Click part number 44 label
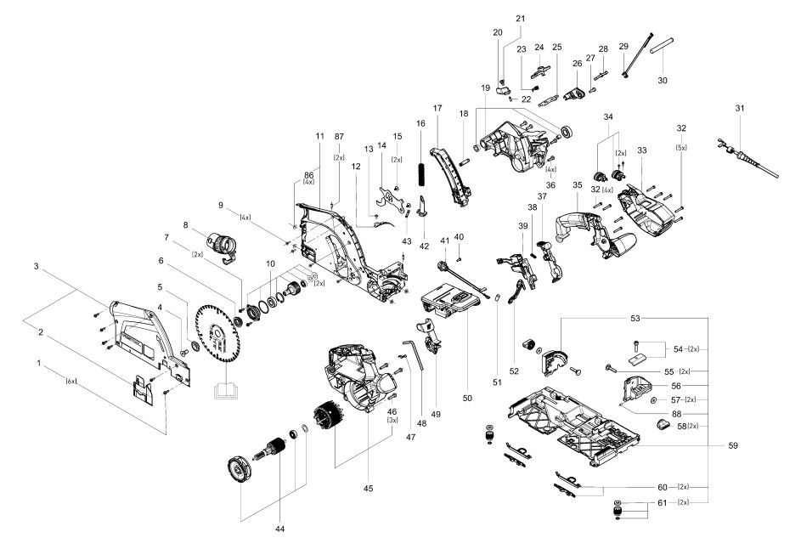point(279,529)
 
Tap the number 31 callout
point(740,108)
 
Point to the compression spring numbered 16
point(421,174)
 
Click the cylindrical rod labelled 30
point(662,46)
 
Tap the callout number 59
point(733,445)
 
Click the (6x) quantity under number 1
point(71,381)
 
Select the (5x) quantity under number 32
point(681,147)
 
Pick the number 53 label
point(635,319)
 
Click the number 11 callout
point(319,136)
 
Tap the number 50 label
point(467,398)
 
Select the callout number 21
point(520,19)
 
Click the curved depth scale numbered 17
point(452,174)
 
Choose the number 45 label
point(369,488)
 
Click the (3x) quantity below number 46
point(392,420)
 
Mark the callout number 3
point(37,266)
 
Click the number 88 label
point(676,414)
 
